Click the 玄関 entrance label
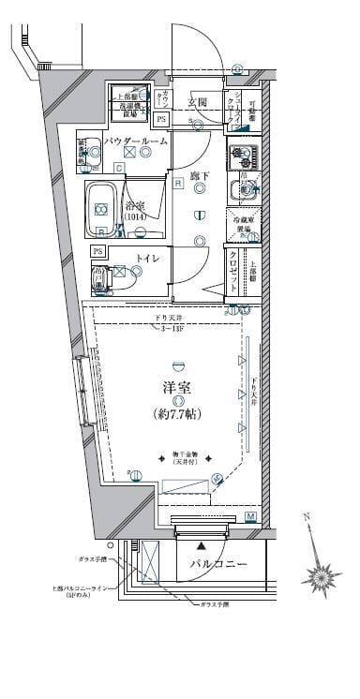[x=197, y=102]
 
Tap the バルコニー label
[x=218, y=564]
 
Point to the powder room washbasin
[x=93, y=149]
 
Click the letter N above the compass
[x=306, y=516]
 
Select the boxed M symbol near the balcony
[x=250, y=516]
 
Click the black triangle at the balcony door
[x=201, y=543]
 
